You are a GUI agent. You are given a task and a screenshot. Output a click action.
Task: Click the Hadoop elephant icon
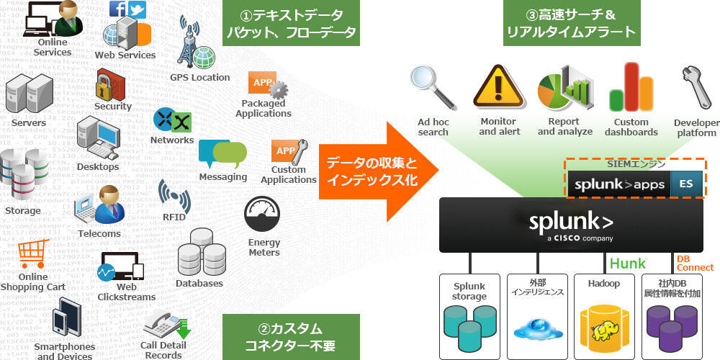(603, 330)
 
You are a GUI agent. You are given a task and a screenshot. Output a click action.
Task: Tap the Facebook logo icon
(118, 9)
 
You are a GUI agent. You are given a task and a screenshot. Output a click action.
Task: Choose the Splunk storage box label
(469, 291)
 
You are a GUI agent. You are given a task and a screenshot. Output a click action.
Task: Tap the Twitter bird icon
(137, 9)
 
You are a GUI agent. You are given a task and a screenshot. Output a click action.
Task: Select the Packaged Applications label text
(263, 108)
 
